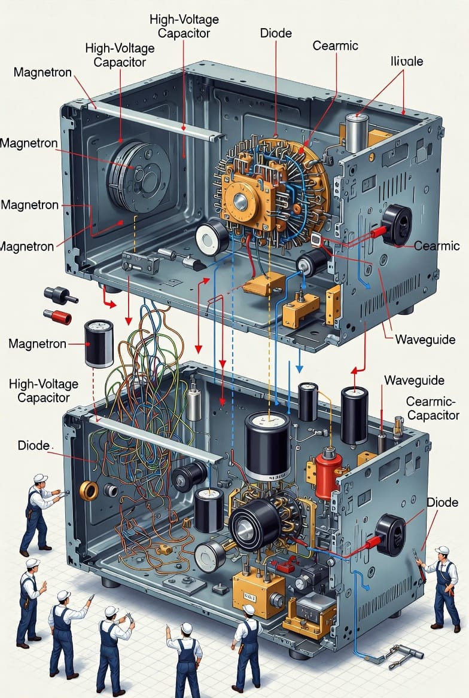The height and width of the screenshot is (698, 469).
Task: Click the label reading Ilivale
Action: coord(407,61)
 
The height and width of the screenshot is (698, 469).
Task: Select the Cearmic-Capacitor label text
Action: coord(432,408)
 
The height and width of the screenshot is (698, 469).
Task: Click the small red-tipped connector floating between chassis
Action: coord(57,316)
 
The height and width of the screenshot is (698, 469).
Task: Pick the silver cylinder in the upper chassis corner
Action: coord(357,133)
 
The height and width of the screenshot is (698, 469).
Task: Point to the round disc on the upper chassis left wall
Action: coord(139,176)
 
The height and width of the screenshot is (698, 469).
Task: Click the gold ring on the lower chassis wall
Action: coord(89,490)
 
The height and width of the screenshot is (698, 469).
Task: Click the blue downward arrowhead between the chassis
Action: coord(299,368)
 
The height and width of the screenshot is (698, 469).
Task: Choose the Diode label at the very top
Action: coord(276,33)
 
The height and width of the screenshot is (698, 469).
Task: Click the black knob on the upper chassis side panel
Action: coord(397,224)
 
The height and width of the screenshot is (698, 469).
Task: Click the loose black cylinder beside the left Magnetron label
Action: coord(99,343)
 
